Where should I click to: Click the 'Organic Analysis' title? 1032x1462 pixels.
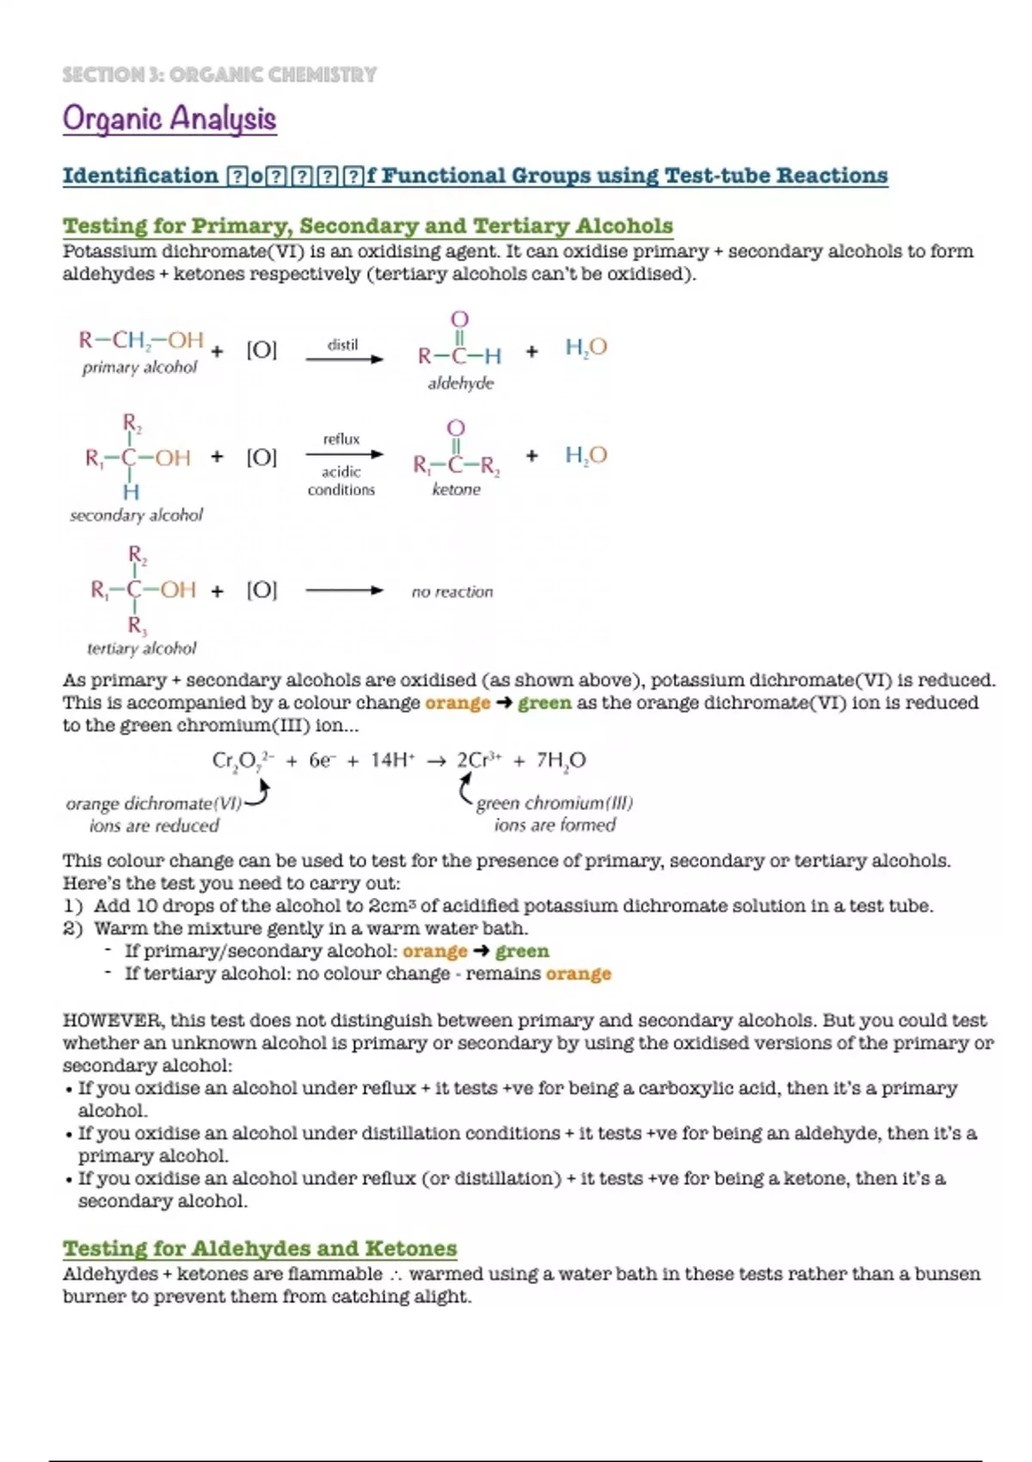click(x=169, y=119)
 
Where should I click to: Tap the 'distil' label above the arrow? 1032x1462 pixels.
click(x=342, y=345)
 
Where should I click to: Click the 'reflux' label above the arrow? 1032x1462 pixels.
click(x=341, y=439)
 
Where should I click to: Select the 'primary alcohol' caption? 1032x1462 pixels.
click(x=139, y=367)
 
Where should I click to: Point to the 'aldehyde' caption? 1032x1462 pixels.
click(x=461, y=384)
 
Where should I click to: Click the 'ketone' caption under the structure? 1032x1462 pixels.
click(x=456, y=489)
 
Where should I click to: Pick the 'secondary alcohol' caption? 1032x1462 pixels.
click(x=136, y=515)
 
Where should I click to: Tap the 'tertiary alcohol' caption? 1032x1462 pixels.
click(x=141, y=648)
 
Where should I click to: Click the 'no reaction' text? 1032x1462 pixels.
click(x=452, y=592)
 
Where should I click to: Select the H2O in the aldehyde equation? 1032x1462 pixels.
click(x=586, y=347)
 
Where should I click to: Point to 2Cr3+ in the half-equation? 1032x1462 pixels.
click(x=478, y=760)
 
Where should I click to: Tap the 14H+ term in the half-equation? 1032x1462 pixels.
click(x=392, y=760)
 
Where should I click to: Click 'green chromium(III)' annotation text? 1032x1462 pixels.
click(x=555, y=803)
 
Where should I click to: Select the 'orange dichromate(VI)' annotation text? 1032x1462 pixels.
click(x=154, y=803)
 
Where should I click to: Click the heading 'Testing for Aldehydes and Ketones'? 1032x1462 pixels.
click(x=260, y=1248)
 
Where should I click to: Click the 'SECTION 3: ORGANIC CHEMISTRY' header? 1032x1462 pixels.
click(x=219, y=75)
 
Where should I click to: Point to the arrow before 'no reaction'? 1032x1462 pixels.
click(x=344, y=591)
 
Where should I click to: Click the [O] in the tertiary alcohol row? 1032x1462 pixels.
click(x=261, y=590)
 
